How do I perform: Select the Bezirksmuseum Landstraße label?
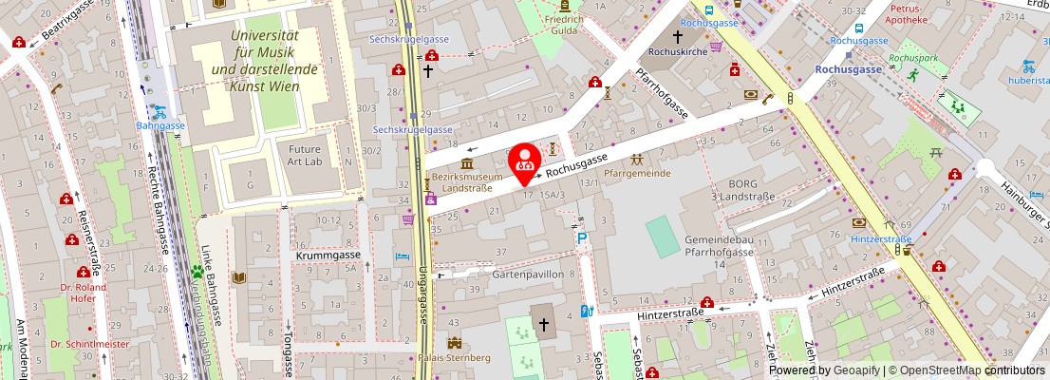[x=466, y=181]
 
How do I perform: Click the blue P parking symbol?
[x=581, y=239]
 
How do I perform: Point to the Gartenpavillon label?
[x=502, y=274]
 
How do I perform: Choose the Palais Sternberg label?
[x=454, y=358]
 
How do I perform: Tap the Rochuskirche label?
[x=678, y=51]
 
